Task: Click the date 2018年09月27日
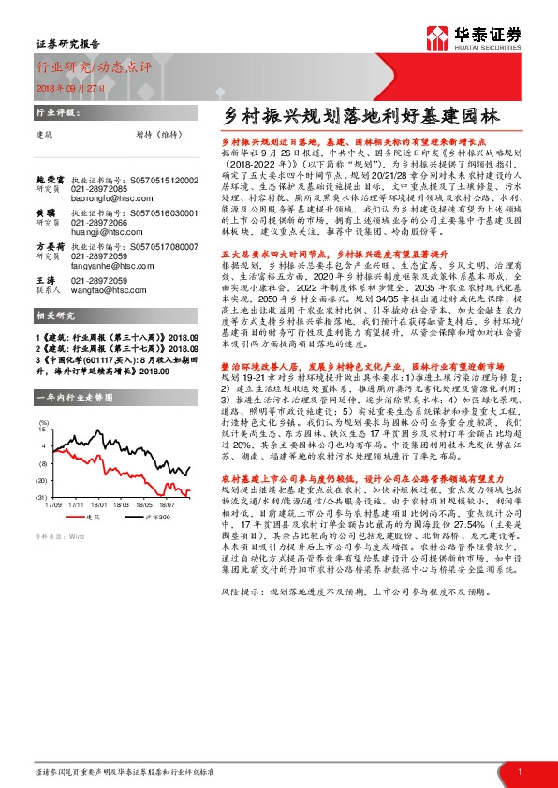point(66,85)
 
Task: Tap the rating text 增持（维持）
point(156,134)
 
